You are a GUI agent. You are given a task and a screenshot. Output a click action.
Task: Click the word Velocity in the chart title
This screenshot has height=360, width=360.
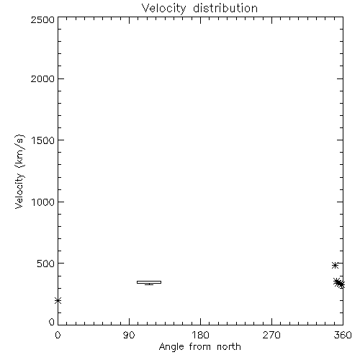point(164,9)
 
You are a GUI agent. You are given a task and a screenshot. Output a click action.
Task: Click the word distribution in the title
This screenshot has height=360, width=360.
point(225,8)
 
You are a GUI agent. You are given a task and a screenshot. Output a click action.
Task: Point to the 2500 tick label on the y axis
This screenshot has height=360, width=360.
point(42,19)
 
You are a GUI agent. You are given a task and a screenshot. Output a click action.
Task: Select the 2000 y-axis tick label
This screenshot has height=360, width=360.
point(42,78)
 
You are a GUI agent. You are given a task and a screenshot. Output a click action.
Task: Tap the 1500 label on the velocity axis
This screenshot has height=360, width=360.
point(43,140)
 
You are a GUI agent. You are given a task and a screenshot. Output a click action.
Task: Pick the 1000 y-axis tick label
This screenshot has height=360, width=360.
point(43,202)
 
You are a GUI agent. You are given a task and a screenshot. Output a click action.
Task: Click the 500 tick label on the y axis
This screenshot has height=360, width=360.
point(46,264)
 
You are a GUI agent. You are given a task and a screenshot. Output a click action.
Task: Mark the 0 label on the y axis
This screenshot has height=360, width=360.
point(52,322)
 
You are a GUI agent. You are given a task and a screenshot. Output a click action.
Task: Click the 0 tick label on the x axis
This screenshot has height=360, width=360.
point(58,335)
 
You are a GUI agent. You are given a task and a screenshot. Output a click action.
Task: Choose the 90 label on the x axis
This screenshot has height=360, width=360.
point(129,335)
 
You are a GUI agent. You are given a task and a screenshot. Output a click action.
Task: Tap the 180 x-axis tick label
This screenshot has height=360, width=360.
point(200,335)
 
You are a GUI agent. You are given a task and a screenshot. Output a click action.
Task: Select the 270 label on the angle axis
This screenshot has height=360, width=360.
point(271,335)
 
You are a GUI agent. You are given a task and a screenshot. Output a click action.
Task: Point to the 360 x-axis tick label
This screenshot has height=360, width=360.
point(343,335)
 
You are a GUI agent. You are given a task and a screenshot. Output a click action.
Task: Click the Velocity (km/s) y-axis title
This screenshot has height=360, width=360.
point(19,171)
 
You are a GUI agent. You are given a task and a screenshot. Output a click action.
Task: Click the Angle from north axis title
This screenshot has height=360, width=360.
point(200,347)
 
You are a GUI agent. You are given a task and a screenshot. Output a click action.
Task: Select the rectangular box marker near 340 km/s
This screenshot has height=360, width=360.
point(149,282)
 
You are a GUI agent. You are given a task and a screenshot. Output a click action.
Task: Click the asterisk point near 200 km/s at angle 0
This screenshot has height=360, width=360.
point(58,300)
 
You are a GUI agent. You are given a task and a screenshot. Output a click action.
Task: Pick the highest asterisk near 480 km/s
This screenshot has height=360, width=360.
point(335,266)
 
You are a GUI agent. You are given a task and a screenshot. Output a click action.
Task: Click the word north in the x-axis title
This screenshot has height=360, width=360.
point(229,346)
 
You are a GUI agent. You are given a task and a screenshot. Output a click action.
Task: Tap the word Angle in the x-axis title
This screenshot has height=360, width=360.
point(171,347)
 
